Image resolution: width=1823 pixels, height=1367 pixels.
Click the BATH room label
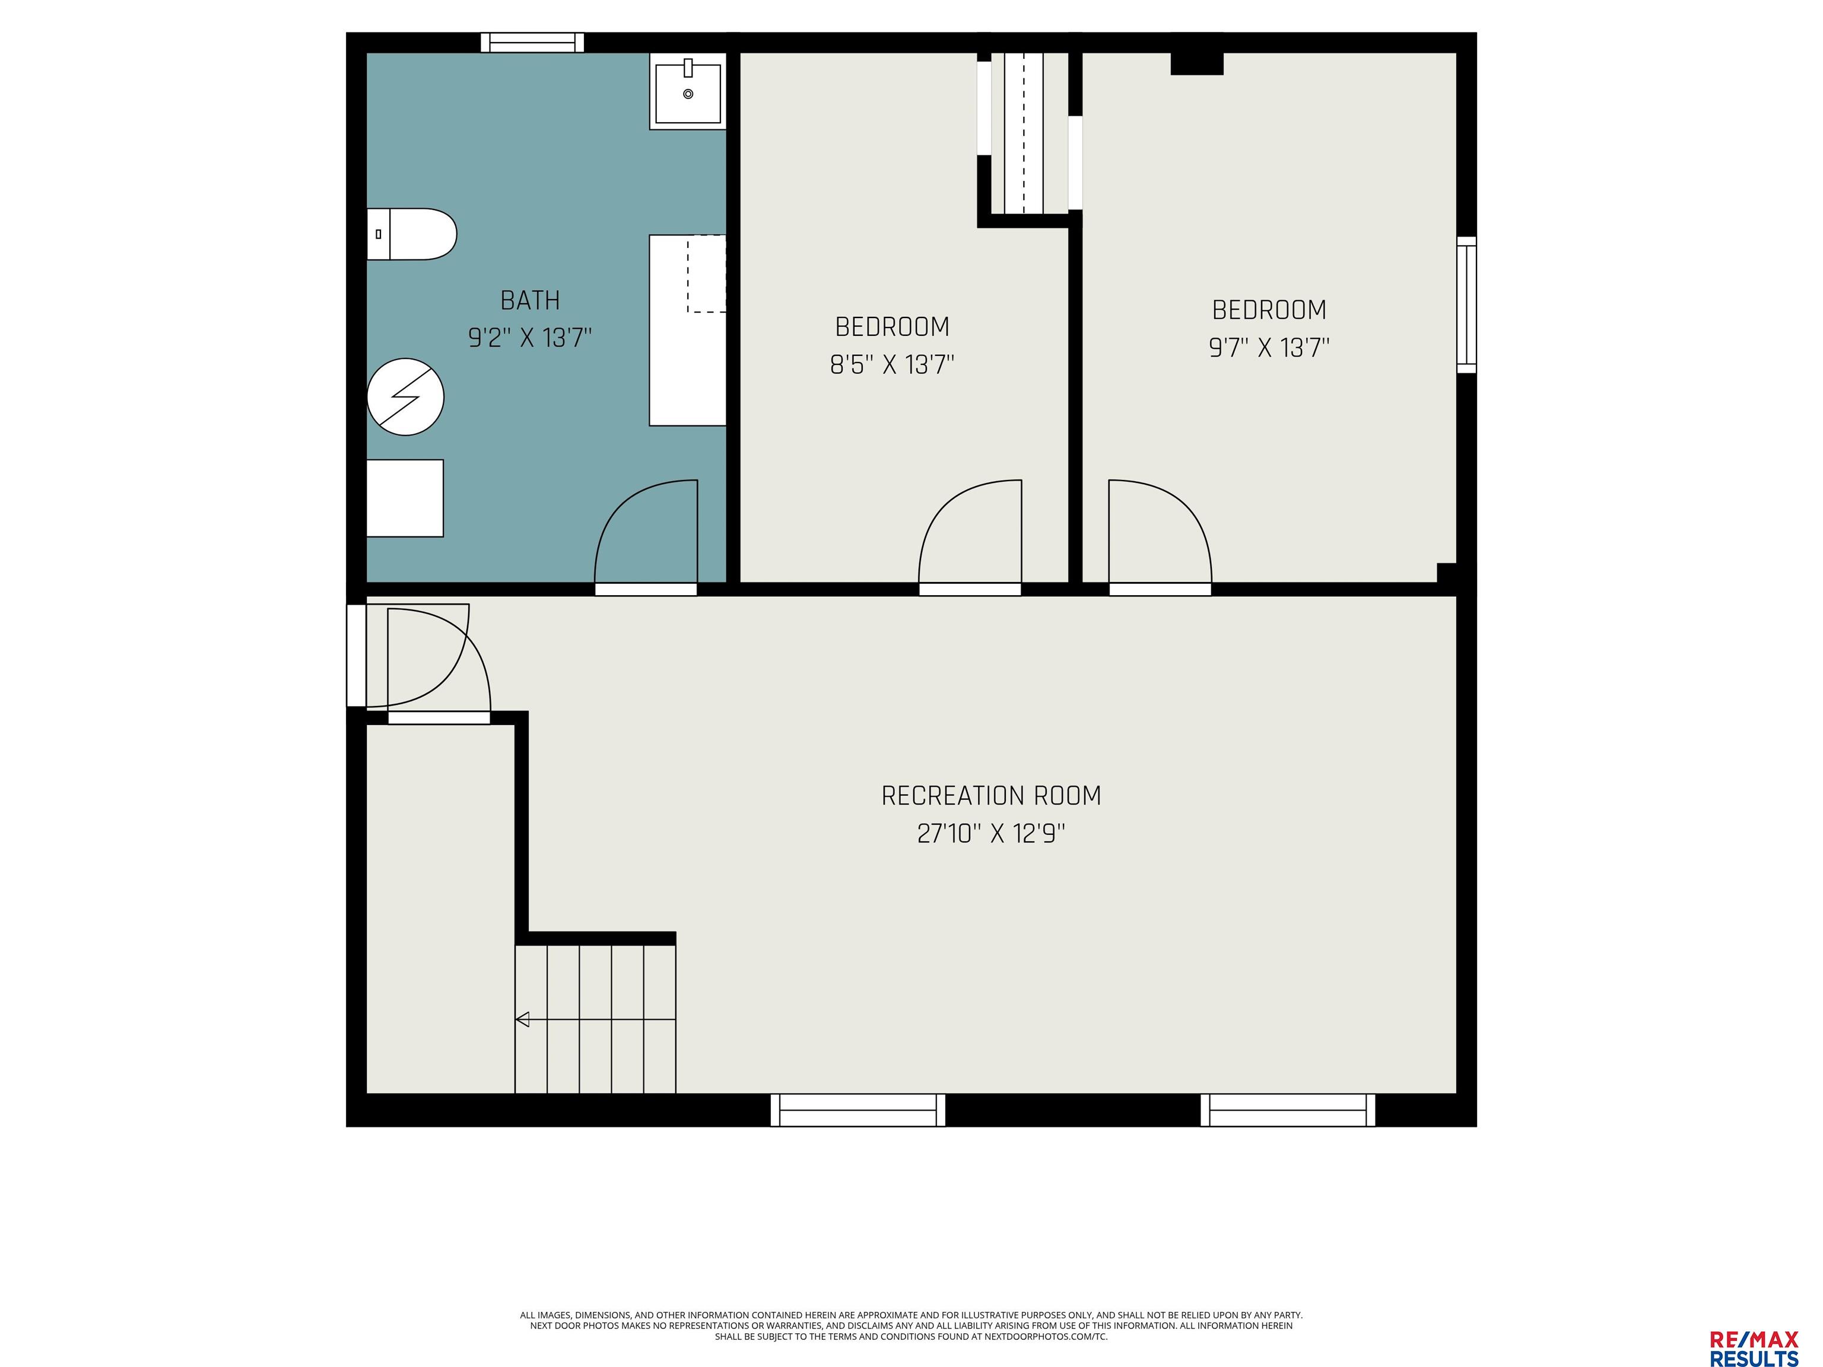coord(530,300)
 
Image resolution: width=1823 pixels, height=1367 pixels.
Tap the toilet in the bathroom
coord(411,234)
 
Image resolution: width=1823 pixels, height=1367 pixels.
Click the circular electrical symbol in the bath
coord(405,397)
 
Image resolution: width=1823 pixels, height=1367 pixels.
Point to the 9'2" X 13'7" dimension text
coord(530,338)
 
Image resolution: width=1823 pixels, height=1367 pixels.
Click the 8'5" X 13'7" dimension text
coord(892,364)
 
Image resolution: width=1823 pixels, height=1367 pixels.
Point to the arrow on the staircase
coord(595,1019)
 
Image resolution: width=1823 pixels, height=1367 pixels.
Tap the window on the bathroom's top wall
coord(532,43)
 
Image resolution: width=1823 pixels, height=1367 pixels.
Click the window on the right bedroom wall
coord(1466,305)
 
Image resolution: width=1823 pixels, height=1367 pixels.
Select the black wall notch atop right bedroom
coord(1197,64)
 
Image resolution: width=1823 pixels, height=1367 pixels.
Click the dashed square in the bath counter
coord(706,274)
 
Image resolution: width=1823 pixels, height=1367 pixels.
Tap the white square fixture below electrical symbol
coord(405,498)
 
